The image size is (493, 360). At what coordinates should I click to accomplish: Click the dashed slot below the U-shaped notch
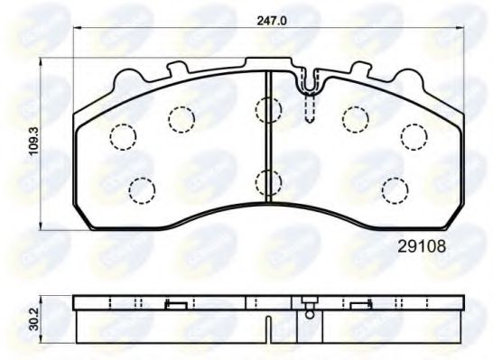pyautogui.click(x=311, y=109)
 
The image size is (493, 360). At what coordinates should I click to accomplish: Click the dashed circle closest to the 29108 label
pyautogui.click(x=395, y=189)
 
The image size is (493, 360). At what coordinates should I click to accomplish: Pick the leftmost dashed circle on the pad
pyautogui.click(x=122, y=136)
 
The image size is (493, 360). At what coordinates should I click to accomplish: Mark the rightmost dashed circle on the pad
pyautogui.click(x=414, y=136)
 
